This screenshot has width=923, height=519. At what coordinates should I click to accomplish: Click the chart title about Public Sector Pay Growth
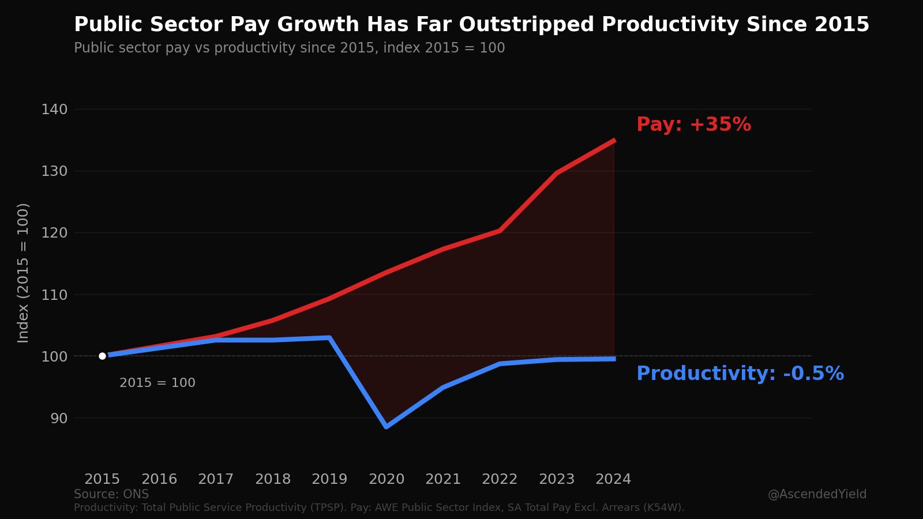point(471,25)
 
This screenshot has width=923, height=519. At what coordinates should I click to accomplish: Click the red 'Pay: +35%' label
point(693,125)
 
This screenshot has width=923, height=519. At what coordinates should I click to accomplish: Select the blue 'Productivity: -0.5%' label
point(740,374)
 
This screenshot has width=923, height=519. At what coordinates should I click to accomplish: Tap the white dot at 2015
point(103,356)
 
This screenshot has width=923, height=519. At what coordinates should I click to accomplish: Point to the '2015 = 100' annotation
point(157,383)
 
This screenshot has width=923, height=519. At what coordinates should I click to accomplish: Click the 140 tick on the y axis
point(54,110)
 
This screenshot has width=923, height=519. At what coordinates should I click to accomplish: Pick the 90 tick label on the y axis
point(59,418)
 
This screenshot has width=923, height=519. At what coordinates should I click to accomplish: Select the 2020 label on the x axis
point(387,479)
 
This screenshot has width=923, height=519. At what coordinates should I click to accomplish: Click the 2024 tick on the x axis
point(613,479)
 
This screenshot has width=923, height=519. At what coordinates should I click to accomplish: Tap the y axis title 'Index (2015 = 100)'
point(23,273)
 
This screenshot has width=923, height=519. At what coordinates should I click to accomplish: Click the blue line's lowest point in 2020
point(386,426)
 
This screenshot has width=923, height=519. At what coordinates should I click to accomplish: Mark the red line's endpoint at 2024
point(614,140)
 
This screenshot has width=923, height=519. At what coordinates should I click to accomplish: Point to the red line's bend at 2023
point(557,173)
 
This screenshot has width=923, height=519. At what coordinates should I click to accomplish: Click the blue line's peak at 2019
point(329,338)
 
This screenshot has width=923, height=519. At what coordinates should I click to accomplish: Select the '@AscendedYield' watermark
point(817,494)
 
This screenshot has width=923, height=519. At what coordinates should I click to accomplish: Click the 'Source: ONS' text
point(111,494)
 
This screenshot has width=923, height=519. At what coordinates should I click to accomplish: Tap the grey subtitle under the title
point(289,48)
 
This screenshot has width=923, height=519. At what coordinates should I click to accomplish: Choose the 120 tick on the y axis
point(54,233)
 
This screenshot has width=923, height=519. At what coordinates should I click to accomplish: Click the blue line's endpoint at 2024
point(614,359)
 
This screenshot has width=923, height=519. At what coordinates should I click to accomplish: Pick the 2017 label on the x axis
point(216,479)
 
